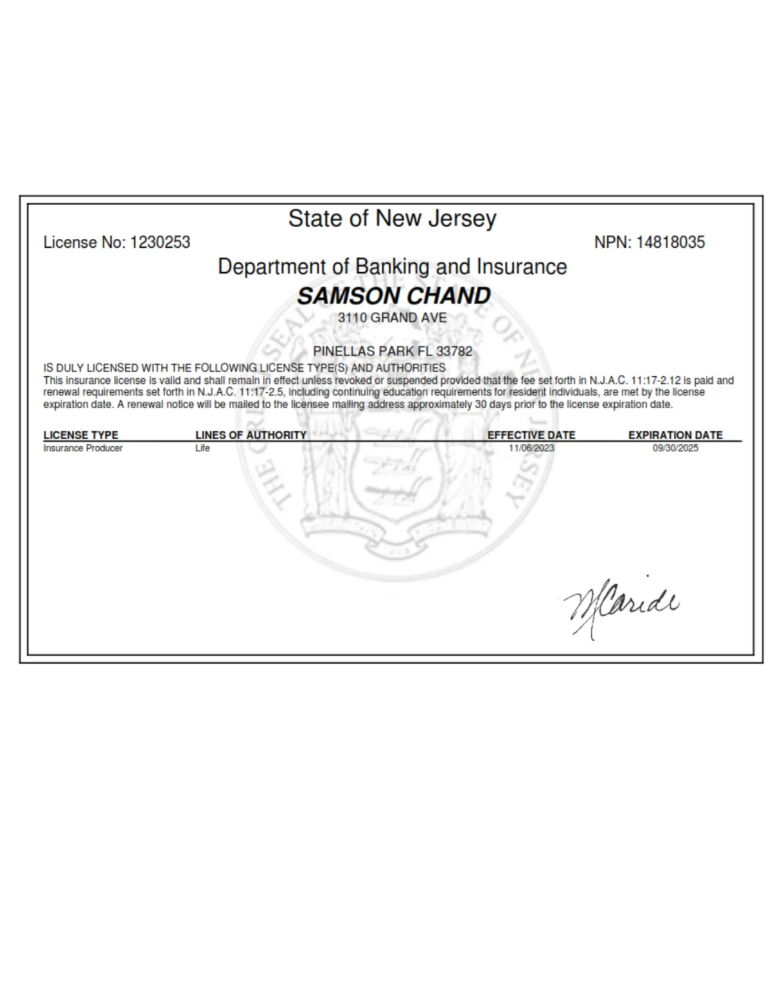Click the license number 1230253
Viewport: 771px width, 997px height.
[x=160, y=243]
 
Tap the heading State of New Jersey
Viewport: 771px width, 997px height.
[x=392, y=219]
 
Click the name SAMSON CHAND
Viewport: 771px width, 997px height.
[x=393, y=296]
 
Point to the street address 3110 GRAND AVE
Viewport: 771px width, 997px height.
[x=392, y=318]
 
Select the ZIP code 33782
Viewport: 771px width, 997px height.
[x=454, y=352]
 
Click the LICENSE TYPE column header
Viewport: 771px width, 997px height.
[x=81, y=435]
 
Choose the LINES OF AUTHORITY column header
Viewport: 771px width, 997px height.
[x=251, y=435]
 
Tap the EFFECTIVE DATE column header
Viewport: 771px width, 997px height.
[x=531, y=435]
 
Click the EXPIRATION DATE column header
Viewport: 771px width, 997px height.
[x=675, y=435]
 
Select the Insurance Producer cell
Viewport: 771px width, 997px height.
[x=83, y=448]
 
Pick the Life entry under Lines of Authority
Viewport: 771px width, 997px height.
[x=202, y=448]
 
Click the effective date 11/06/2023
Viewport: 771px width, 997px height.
[x=531, y=448]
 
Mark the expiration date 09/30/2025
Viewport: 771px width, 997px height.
[x=675, y=448]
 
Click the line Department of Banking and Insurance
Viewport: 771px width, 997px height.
[x=392, y=267]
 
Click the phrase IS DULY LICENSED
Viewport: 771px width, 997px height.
[x=91, y=368]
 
